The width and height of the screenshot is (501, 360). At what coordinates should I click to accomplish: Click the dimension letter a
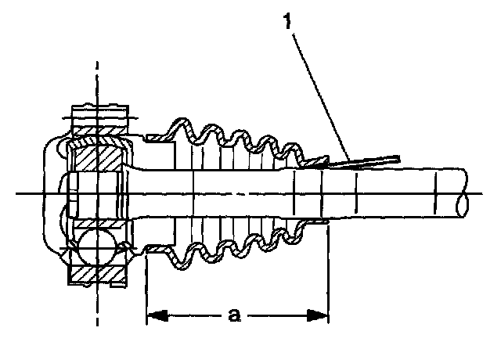[x=234, y=315]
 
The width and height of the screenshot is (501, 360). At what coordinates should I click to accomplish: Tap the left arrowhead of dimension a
[x=155, y=315]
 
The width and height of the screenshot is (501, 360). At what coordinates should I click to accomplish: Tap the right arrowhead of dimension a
[x=319, y=315]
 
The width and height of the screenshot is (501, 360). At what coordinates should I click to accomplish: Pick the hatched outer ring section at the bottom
[x=97, y=273]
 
